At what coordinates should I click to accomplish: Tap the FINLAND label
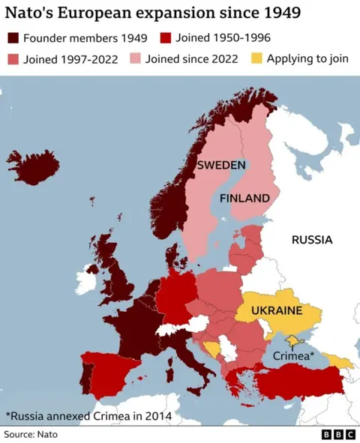pyautogui.click(x=244, y=199)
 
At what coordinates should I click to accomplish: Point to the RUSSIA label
pyautogui.click(x=311, y=241)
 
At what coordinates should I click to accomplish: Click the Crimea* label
pyautogui.click(x=293, y=357)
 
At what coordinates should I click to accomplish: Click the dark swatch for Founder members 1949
pyautogui.click(x=13, y=38)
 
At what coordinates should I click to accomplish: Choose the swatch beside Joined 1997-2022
pyautogui.click(x=13, y=59)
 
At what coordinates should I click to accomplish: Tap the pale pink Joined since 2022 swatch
pyautogui.click(x=135, y=59)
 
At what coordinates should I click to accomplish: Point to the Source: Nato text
pyautogui.click(x=31, y=434)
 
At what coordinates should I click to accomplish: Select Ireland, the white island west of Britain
pyautogui.click(x=85, y=281)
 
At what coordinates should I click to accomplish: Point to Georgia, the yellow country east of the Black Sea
pyautogui.click(x=338, y=363)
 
